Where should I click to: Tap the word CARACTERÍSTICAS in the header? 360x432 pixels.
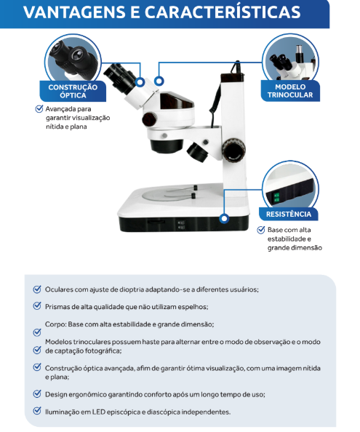coord(223,12)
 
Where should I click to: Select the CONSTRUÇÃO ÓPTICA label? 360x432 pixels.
coord(73,91)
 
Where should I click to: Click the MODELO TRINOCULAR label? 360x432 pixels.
coord(290,91)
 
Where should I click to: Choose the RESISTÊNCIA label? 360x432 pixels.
coord(289,214)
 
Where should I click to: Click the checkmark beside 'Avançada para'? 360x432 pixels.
coord(39,108)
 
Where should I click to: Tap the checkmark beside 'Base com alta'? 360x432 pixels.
coord(261,230)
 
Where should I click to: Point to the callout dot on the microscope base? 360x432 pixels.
coord(224,218)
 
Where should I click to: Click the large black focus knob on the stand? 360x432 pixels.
coord(234,150)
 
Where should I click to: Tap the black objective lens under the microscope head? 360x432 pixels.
coord(167,145)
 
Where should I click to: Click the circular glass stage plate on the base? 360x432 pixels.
coord(167,194)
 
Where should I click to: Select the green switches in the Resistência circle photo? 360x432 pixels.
coord(276,198)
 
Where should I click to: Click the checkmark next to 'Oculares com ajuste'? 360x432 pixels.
coord(37,289)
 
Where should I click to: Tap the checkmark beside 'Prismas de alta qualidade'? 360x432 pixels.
coord(37,305)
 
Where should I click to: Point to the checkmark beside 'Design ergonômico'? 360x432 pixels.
coord(37,393)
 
